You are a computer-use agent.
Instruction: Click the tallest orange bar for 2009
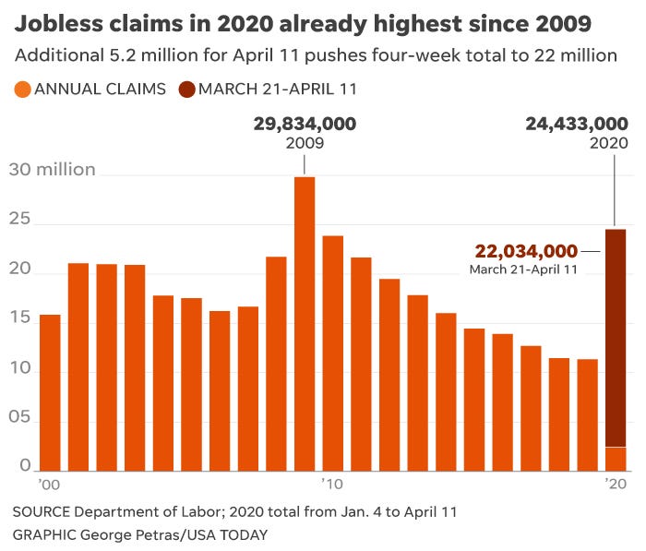click(x=305, y=323)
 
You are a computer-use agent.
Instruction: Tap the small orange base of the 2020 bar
click(x=615, y=459)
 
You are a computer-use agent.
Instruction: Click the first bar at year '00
click(x=50, y=392)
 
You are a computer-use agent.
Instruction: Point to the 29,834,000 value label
click(x=305, y=124)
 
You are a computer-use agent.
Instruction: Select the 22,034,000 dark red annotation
click(x=526, y=250)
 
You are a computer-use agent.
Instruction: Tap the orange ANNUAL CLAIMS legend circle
click(x=21, y=90)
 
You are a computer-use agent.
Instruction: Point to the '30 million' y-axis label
click(x=53, y=170)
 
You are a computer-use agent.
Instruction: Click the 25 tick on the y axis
click(x=20, y=220)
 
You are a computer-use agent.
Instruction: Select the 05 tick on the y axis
click(x=20, y=416)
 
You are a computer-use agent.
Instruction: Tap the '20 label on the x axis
click(x=616, y=484)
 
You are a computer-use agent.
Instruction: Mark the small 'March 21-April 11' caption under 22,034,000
click(x=523, y=270)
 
